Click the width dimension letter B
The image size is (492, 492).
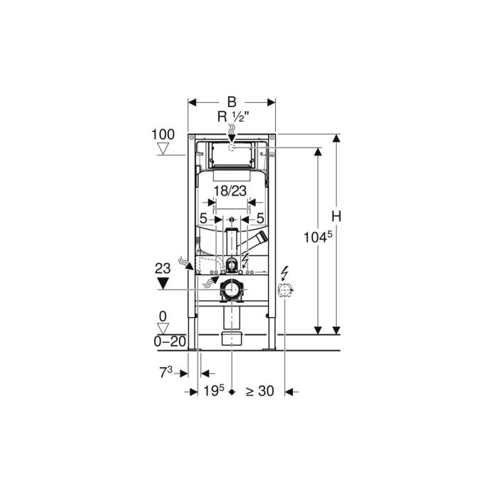232,102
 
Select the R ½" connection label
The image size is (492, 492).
233,117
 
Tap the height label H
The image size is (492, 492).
336,217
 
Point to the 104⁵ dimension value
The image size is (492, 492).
317,237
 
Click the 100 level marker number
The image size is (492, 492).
163,135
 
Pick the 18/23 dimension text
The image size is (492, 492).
230,191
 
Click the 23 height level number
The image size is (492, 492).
163,268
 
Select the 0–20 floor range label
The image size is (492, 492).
170,342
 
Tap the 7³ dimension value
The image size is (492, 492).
166,372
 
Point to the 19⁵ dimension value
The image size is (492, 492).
214,391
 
